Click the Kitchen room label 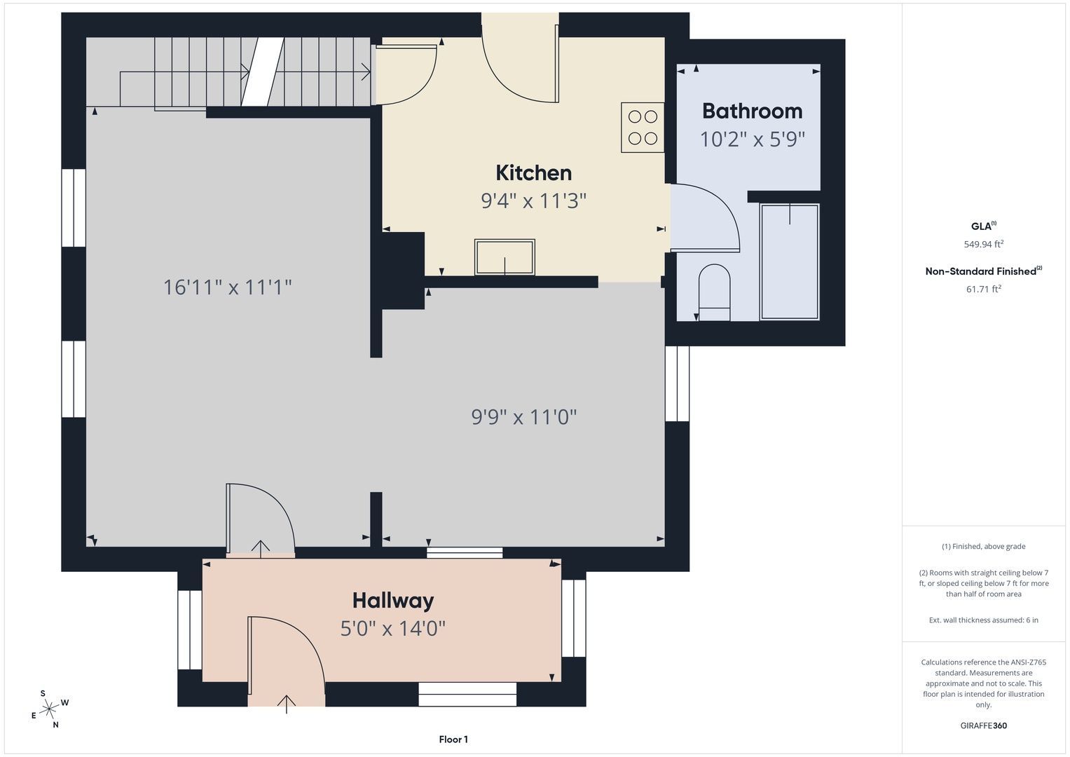(x=533, y=173)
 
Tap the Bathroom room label (x=753, y=111)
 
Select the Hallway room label (x=393, y=601)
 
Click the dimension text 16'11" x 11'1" (x=227, y=287)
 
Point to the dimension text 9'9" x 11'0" (x=524, y=417)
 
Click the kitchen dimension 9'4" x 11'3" (x=533, y=200)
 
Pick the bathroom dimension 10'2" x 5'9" (x=753, y=139)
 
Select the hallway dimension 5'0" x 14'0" (x=392, y=629)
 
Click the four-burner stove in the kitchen (x=643, y=128)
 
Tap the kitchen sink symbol (x=505, y=257)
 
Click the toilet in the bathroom (x=714, y=292)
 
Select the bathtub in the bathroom (x=790, y=262)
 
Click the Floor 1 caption (x=453, y=739)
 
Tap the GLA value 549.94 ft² (x=984, y=244)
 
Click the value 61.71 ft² (x=984, y=289)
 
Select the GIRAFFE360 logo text (x=984, y=725)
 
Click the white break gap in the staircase (x=263, y=71)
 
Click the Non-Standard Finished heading (x=984, y=271)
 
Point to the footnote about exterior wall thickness (x=984, y=620)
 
